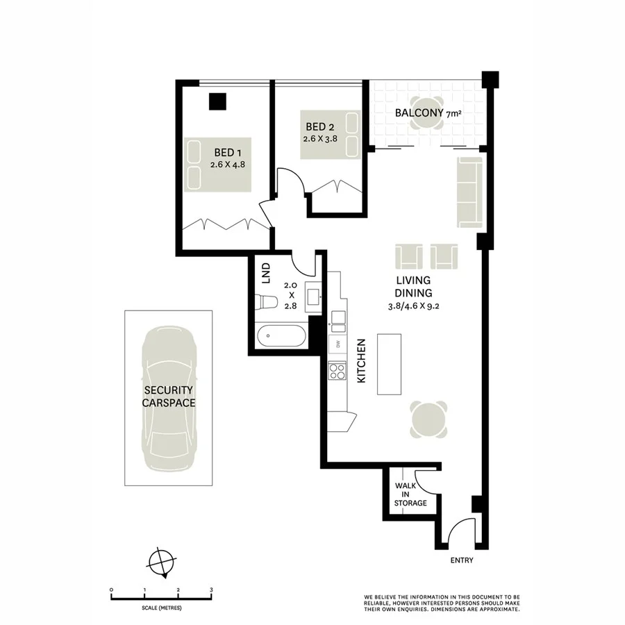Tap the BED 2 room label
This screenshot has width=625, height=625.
tap(320, 127)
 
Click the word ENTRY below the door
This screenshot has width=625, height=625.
tap(461, 560)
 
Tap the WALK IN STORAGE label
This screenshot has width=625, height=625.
tap(410, 494)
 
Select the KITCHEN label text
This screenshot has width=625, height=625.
tap(361, 361)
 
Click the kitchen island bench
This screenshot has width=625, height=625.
tap(389, 363)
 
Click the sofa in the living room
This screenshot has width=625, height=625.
tap(470, 192)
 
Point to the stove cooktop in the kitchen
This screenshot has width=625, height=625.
tap(337, 372)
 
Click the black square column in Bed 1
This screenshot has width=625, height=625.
tap(218, 101)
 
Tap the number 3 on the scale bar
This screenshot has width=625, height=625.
tap(210, 590)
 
